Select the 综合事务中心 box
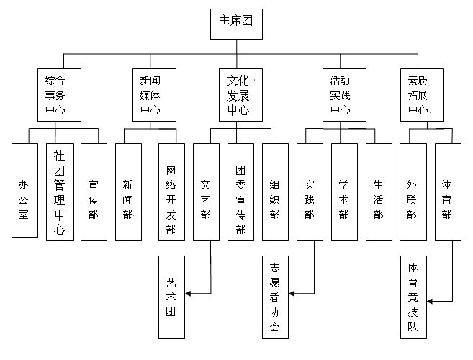[59, 95]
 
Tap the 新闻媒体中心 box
[150, 95]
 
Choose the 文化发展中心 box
[238, 95]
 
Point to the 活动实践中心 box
[339, 95]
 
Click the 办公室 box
[24, 190]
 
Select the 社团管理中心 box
[59, 192]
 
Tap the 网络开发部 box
[171, 192]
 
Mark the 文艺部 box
[206, 192]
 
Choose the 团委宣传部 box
[240, 192]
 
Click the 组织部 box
[274, 192]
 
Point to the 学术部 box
[343, 192]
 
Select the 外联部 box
[413, 192]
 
